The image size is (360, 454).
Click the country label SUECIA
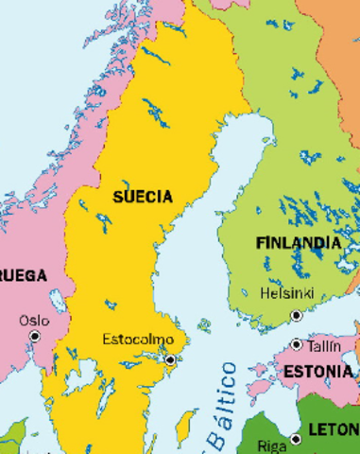point(143,197)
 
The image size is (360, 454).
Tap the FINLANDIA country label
point(298,243)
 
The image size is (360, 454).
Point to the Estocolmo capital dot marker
point(170,359)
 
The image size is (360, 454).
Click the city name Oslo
point(34,321)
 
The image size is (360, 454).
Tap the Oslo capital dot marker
point(36,336)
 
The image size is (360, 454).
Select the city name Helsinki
point(286,294)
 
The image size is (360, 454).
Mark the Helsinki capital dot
point(296,315)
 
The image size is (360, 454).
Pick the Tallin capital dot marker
point(297,345)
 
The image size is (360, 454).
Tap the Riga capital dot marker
point(296,439)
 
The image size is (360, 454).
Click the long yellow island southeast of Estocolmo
point(187,425)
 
